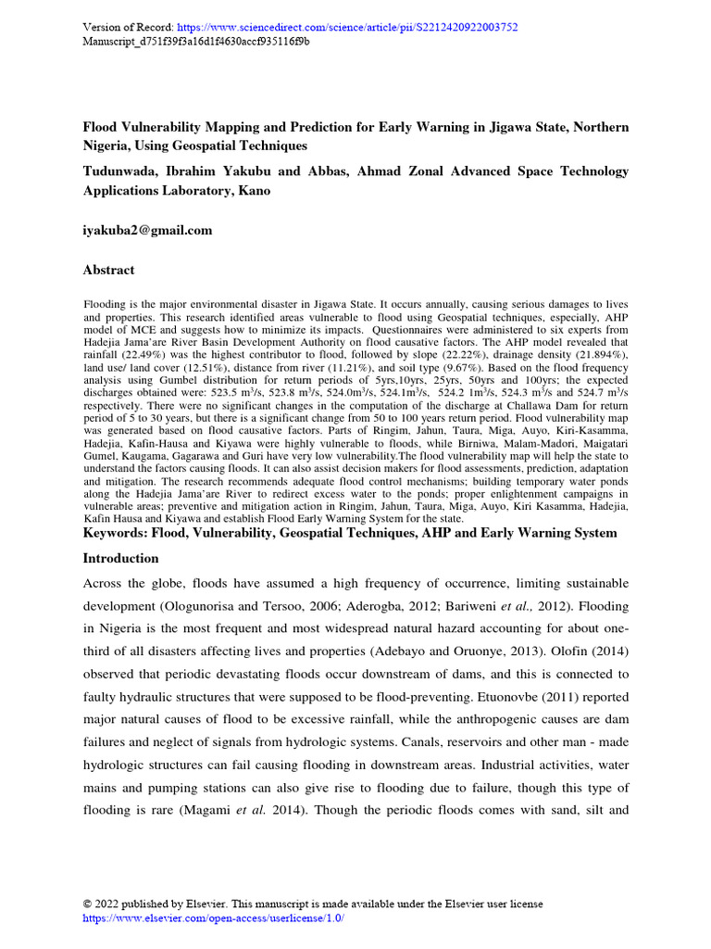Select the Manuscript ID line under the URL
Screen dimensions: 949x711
point(196,42)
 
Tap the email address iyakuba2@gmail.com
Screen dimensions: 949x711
point(148,230)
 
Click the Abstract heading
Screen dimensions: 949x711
point(108,270)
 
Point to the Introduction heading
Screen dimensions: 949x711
point(121,559)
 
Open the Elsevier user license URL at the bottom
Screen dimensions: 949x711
point(214,917)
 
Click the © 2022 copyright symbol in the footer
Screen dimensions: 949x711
point(88,904)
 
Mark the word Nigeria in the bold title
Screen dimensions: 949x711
point(109,146)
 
